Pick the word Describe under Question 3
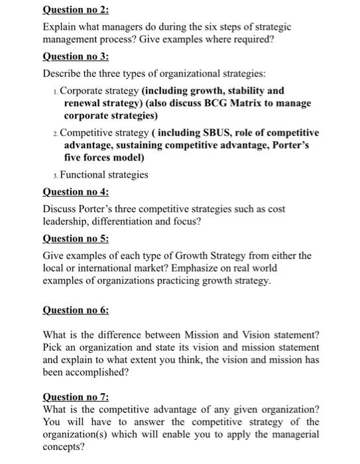click(x=63, y=74)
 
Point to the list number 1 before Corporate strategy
click(x=54, y=91)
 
